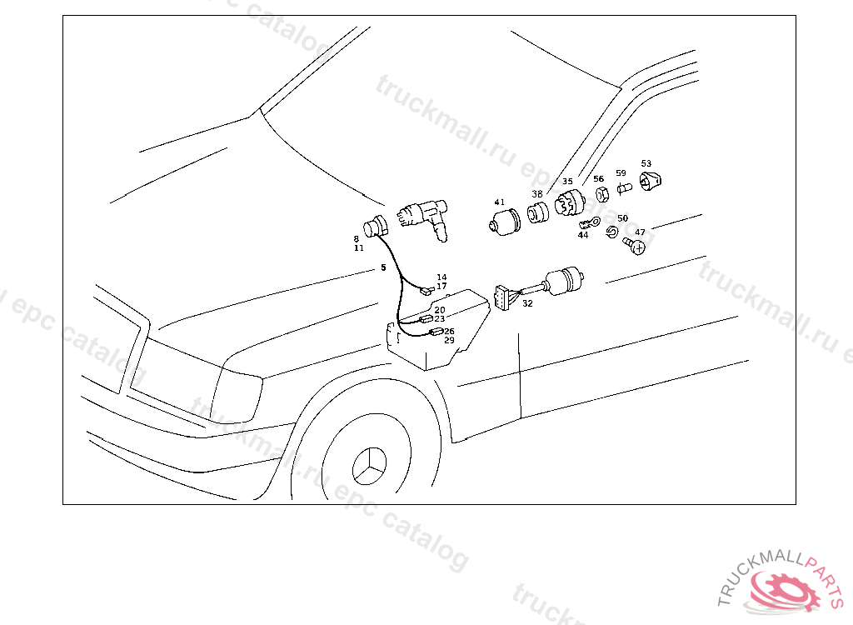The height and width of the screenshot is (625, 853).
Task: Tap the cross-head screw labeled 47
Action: click(x=637, y=246)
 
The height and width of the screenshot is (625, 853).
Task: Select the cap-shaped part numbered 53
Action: click(x=650, y=180)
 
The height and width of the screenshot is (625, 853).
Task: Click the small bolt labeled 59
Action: click(x=624, y=188)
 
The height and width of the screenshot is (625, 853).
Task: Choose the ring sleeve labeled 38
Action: click(x=538, y=212)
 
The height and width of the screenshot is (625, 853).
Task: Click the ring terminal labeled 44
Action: click(x=591, y=222)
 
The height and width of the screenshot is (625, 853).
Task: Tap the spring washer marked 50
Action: click(x=612, y=231)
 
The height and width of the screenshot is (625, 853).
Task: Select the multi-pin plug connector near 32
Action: click(x=503, y=297)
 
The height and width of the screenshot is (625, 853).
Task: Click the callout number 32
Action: click(x=527, y=304)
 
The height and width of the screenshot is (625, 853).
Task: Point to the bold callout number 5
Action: click(x=383, y=267)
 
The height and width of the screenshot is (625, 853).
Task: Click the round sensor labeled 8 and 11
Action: click(x=376, y=226)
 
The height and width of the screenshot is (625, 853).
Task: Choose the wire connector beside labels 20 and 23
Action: click(x=426, y=319)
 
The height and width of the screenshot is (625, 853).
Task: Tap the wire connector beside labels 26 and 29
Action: click(x=435, y=332)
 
